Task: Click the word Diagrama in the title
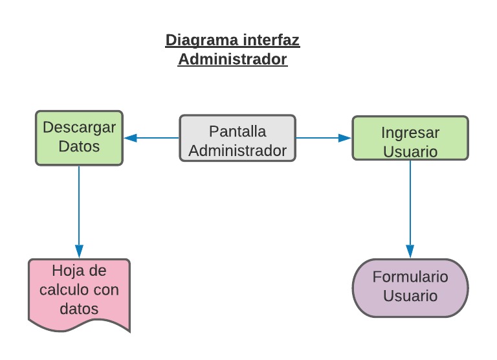click(202, 40)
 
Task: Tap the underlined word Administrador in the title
click(232, 60)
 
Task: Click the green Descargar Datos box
click(79, 138)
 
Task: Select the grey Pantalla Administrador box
click(237, 138)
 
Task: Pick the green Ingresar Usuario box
click(410, 138)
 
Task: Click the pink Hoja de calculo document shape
click(79, 291)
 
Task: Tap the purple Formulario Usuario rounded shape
click(410, 287)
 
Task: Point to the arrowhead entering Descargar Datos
click(129, 138)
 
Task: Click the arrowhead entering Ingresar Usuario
click(346, 138)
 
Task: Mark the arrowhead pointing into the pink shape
click(79, 252)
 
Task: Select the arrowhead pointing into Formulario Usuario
click(410, 252)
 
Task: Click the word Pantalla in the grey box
click(237, 131)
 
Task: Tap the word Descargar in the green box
click(79, 127)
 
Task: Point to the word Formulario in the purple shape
click(410, 277)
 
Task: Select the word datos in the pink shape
click(79, 309)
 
